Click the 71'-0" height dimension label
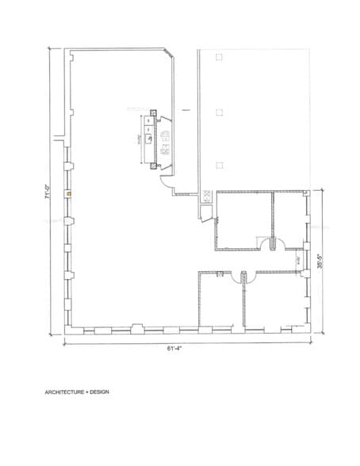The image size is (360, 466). (x=48, y=193)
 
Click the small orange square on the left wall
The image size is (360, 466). (x=70, y=193)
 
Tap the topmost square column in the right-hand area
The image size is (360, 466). (x=219, y=57)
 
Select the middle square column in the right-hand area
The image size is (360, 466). (x=219, y=111)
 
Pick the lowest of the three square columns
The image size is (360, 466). (x=219, y=165)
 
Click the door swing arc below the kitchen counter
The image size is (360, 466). (x=167, y=183)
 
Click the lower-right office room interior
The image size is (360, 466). (x=274, y=301)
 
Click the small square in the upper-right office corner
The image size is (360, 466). (x=304, y=193)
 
